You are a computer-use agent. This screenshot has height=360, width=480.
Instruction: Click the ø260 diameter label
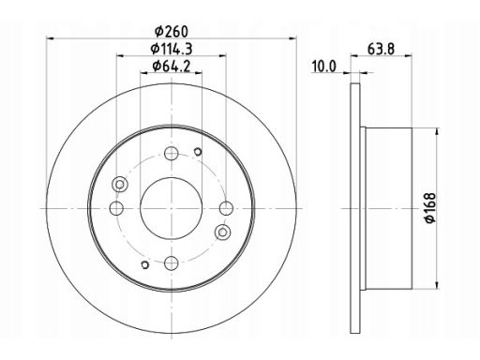click(x=172, y=31)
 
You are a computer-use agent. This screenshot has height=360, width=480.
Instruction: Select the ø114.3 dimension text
click(x=172, y=49)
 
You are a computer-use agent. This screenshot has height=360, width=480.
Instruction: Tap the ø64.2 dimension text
click(x=172, y=66)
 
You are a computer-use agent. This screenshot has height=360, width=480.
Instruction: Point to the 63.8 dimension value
click(x=381, y=49)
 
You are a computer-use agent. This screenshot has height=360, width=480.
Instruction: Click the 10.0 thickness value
click(x=323, y=67)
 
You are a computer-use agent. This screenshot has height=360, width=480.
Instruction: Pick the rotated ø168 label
click(x=430, y=208)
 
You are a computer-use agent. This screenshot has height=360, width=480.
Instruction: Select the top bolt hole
click(x=172, y=154)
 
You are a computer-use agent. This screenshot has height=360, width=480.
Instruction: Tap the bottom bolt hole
click(x=172, y=263)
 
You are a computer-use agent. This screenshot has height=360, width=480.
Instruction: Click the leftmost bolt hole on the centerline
click(x=116, y=208)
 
